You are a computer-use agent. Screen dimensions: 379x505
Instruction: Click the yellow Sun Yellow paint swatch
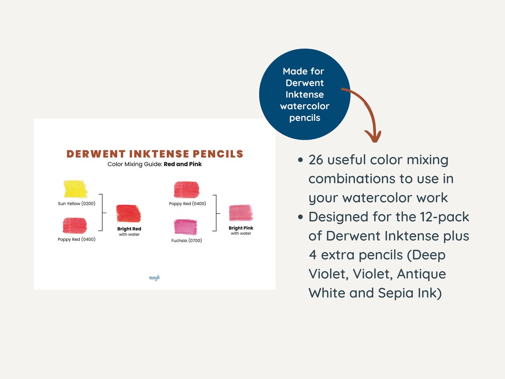coord(75,189)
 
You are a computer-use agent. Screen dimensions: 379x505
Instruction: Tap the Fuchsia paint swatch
coord(186,227)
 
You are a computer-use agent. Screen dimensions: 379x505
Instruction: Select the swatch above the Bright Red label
coord(128,214)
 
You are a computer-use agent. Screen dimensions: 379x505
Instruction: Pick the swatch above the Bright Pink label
coord(241,213)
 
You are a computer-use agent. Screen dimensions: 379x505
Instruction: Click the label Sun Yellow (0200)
coord(76,204)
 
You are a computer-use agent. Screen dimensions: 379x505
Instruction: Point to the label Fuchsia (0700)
coord(186,241)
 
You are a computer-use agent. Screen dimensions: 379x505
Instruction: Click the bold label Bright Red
coord(129,229)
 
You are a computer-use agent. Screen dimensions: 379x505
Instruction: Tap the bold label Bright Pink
coord(241,228)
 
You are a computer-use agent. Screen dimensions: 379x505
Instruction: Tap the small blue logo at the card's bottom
coord(155,278)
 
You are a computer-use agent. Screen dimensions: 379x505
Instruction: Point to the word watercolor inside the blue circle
coord(305,106)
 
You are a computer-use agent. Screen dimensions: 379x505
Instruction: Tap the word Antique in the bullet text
coord(421,274)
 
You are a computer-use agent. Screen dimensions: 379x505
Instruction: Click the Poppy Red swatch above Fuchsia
coord(186,189)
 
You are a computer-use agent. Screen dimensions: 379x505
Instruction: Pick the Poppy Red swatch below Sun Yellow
coord(75,226)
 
